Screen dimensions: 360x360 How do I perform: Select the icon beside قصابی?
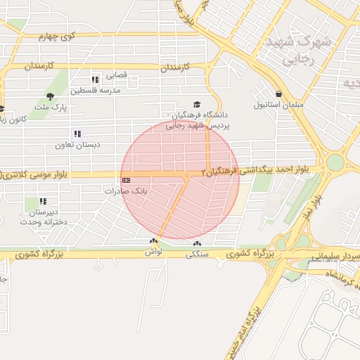click(95, 79)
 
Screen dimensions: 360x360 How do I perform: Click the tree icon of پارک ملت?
click(50, 96)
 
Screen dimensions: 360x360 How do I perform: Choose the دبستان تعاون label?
click(79, 145)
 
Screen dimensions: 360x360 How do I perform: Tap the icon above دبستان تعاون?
click(77, 134)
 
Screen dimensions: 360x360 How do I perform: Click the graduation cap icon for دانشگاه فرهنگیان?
click(195, 103)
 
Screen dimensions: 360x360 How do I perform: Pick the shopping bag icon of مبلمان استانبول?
click(279, 94)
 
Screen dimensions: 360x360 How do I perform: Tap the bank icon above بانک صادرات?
click(126, 180)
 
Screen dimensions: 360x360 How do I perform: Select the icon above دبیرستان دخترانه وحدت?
click(43, 201)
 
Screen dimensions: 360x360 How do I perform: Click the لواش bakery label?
click(155, 250)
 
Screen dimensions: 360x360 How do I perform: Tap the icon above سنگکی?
click(195, 244)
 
